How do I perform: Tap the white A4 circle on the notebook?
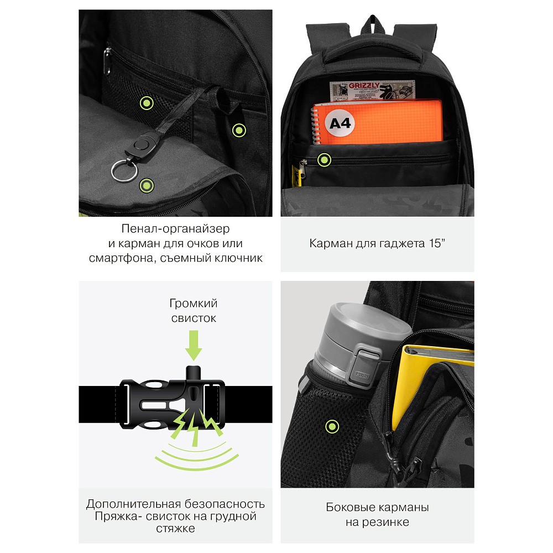340,123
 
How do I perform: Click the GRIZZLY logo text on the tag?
364,86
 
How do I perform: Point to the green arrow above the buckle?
194,345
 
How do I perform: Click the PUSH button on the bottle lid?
362,375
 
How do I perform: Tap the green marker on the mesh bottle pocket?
332,427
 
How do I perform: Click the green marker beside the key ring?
147,185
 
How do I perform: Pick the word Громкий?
194,303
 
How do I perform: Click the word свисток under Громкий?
194,318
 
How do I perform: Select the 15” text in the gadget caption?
437,243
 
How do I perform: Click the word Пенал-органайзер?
175,228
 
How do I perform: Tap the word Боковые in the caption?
348,507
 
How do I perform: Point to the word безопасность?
225,504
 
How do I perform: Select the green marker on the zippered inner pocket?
324,160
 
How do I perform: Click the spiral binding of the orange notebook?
315,124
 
